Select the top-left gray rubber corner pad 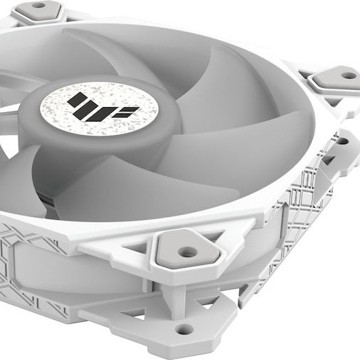(39, 9)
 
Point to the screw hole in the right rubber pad (348, 75)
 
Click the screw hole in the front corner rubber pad (187, 251)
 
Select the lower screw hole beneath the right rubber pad (341, 141)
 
